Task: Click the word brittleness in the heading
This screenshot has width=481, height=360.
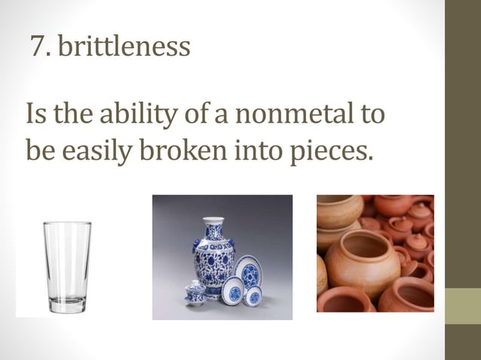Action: [x=124, y=48]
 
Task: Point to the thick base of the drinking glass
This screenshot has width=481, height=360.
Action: [x=66, y=303]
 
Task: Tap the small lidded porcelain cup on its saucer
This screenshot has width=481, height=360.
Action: [x=195, y=291]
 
